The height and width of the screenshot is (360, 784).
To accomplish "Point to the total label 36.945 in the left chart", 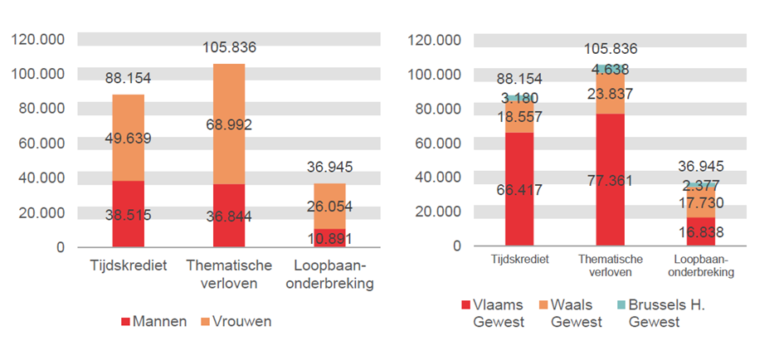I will click(x=330, y=168).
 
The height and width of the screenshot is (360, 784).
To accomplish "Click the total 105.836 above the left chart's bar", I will click(x=229, y=48).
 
